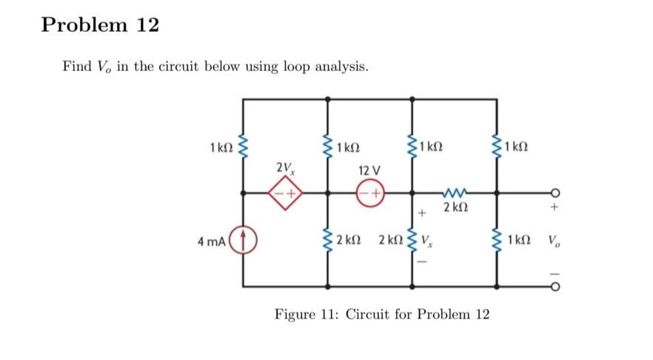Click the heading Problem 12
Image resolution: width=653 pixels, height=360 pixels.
(x=100, y=25)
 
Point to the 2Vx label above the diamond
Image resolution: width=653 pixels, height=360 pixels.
(x=285, y=167)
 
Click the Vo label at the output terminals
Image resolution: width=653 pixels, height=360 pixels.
(x=554, y=240)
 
